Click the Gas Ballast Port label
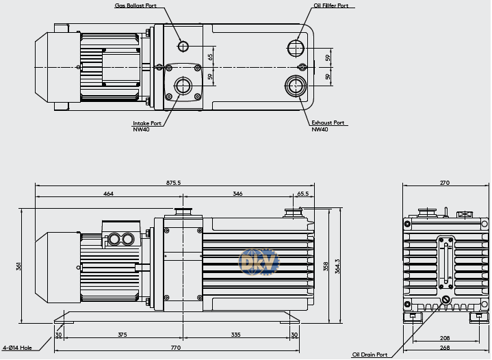(135, 5)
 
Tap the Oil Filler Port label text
(331, 5)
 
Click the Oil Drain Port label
(370, 355)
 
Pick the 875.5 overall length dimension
(174, 183)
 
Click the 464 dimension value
(108, 194)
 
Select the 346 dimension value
(237, 194)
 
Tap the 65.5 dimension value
(302, 194)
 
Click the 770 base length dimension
(176, 348)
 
